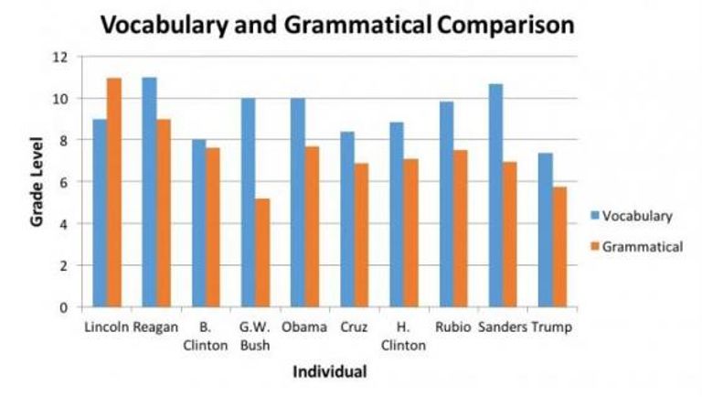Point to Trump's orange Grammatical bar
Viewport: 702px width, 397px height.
pos(558,247)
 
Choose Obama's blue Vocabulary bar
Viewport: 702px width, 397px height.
pos(297,202)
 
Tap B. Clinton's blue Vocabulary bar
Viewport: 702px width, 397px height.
pos(198,223)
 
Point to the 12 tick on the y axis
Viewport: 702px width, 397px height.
pos(61,57)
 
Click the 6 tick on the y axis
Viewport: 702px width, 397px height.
pos(63,182)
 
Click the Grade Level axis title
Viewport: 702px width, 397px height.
pos(37,183)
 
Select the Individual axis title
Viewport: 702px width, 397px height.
pos(329,372)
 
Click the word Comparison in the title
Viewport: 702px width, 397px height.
pos(505,25)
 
